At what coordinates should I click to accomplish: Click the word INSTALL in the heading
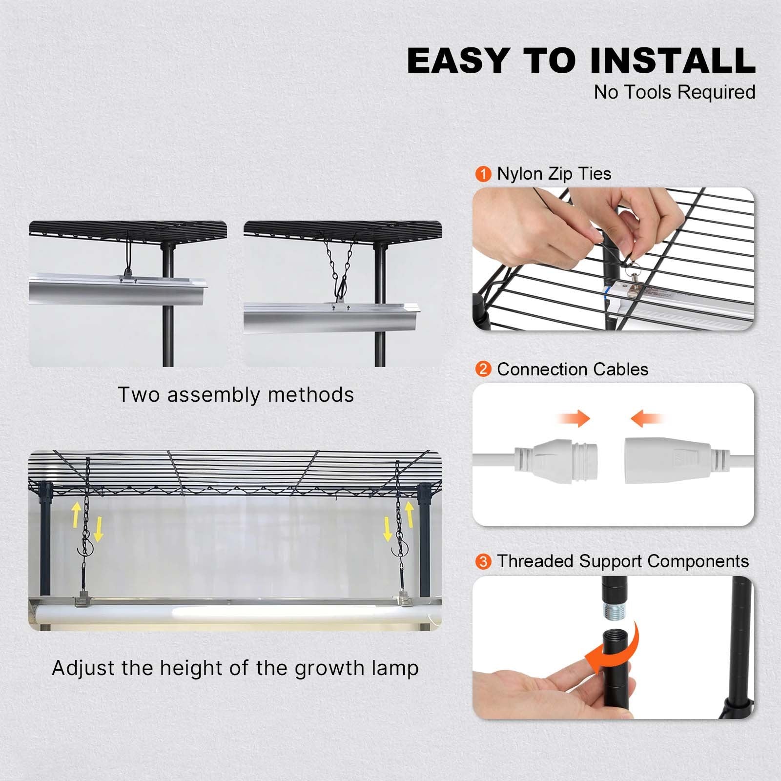(x=673, y=61)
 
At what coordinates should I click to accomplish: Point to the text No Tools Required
(x=675, y=92)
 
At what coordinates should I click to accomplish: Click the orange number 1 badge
(x=483, y=174)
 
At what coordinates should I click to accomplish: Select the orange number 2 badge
(x=483, y=369)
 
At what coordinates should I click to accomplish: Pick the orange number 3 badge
(x=483, y=561)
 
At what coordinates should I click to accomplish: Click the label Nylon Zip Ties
(x=554, y=174)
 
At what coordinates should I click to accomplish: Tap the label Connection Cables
(x=573, y=370)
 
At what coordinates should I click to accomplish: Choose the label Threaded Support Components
(x=623, y=562)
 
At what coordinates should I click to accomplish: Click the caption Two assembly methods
(x=236, y=394)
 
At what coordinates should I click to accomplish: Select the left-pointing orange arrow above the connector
(x=647, y=418)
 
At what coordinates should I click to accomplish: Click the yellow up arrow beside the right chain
(x=410, y=515)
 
